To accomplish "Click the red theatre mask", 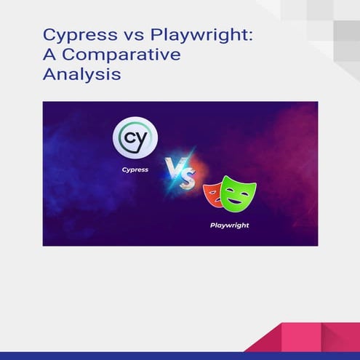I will (x=214, y=196).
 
